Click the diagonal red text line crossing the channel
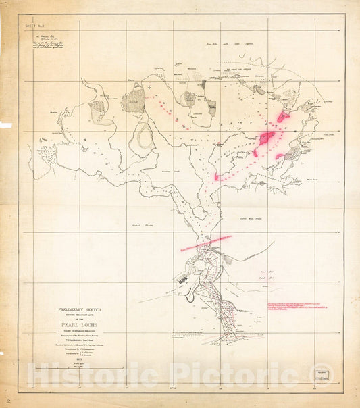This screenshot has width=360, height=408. pos(205,243)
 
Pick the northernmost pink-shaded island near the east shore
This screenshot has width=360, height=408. pos(282,116)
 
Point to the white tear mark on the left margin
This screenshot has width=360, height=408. pos(5,125)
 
